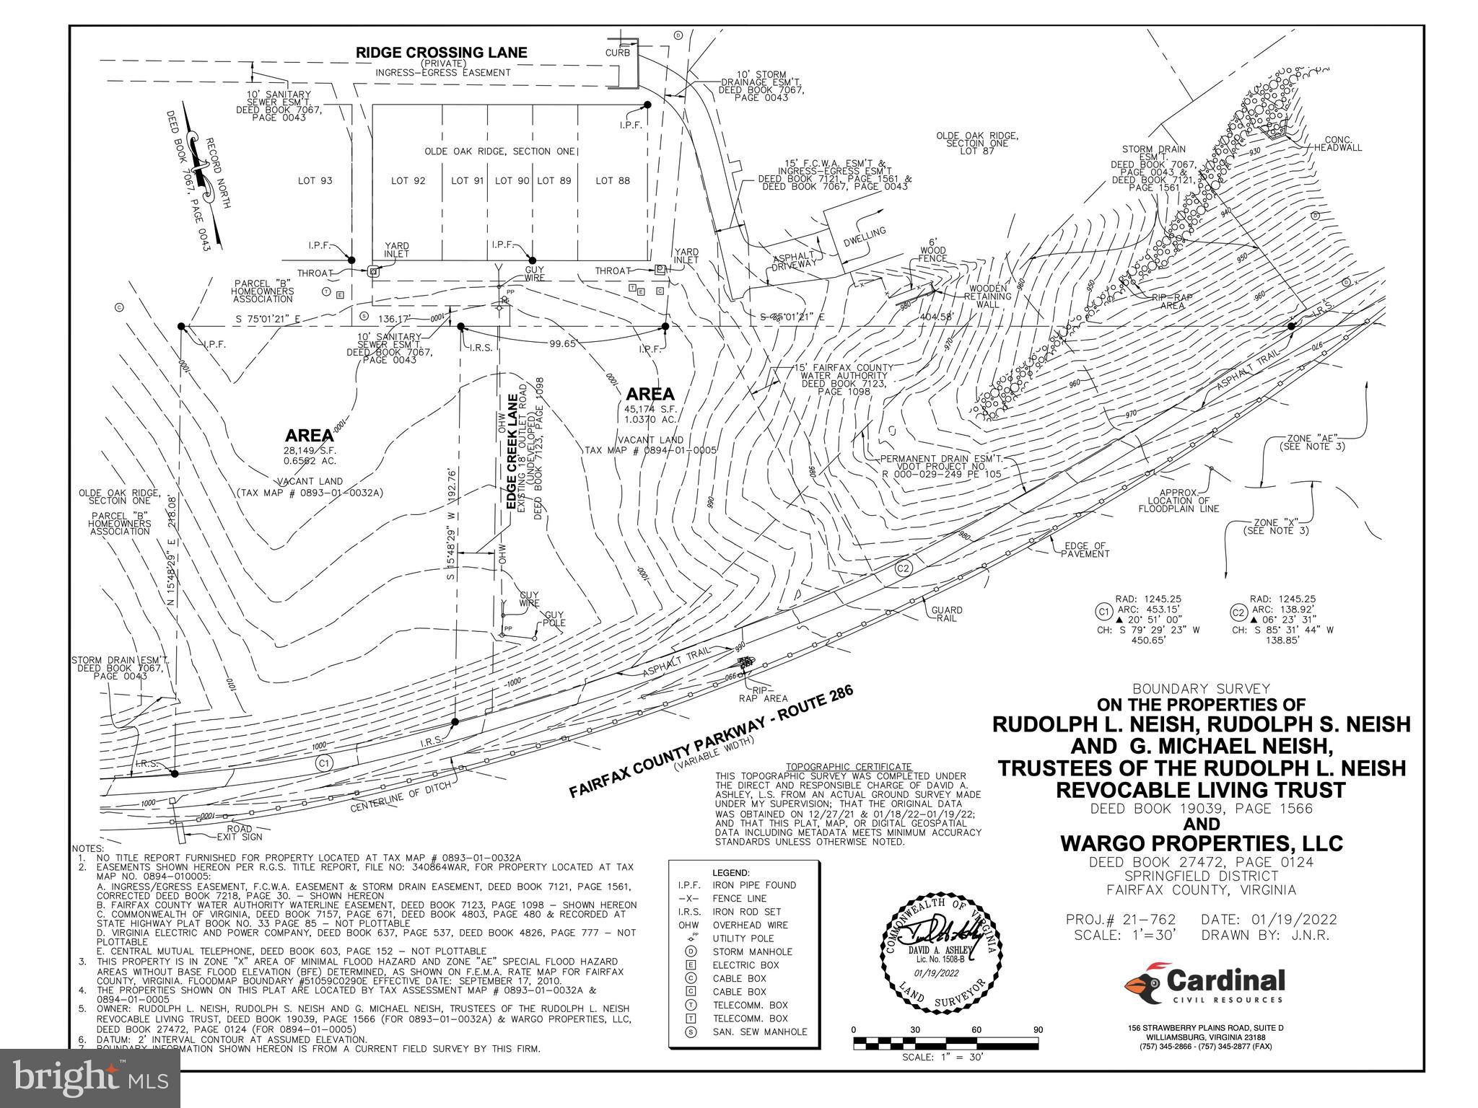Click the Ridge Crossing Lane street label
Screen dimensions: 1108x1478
[x=442, y=53]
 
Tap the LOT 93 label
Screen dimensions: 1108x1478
[x=315, y=180]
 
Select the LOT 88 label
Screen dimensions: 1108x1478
[x=613, y=180]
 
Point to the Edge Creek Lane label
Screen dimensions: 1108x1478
[x=513, y=453]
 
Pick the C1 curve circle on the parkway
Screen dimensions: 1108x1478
[x=324, y=763]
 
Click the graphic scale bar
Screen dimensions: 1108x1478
[x=945, y=1042]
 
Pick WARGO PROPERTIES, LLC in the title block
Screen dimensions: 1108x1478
[x=1202, y=843]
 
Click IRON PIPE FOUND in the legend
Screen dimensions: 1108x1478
[x=754, y=885]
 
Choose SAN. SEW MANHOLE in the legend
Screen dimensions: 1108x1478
[x=760, y=1032]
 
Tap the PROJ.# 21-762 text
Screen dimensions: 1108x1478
[x=1121, y=920]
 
